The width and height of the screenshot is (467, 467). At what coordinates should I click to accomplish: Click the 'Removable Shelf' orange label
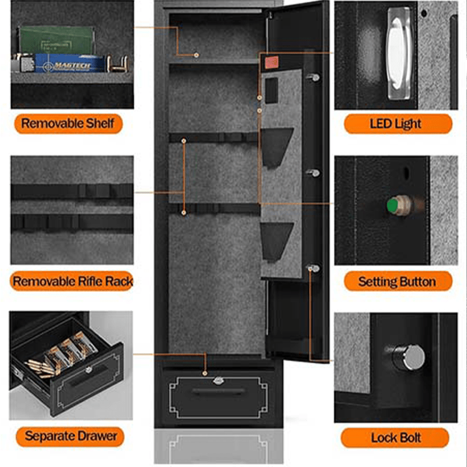click(x=68, y=123)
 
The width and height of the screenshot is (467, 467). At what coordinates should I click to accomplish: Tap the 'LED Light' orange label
click(x=398, y=124)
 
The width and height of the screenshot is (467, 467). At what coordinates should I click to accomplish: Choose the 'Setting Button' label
click(x=398, y=281)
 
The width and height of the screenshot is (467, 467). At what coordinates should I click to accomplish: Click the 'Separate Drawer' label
click(x=71, y=435)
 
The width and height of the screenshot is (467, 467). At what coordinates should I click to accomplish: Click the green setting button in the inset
click(x=392, y=205)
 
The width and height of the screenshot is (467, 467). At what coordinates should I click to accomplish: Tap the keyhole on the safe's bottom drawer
click(x=219, y=381)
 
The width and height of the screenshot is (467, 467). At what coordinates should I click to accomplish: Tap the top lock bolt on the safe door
click(x=314, y=77)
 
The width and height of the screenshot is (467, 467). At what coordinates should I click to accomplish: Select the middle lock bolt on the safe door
click(x=314, y=173)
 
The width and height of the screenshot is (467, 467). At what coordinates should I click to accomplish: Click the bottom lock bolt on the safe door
click(x=314, y=268)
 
